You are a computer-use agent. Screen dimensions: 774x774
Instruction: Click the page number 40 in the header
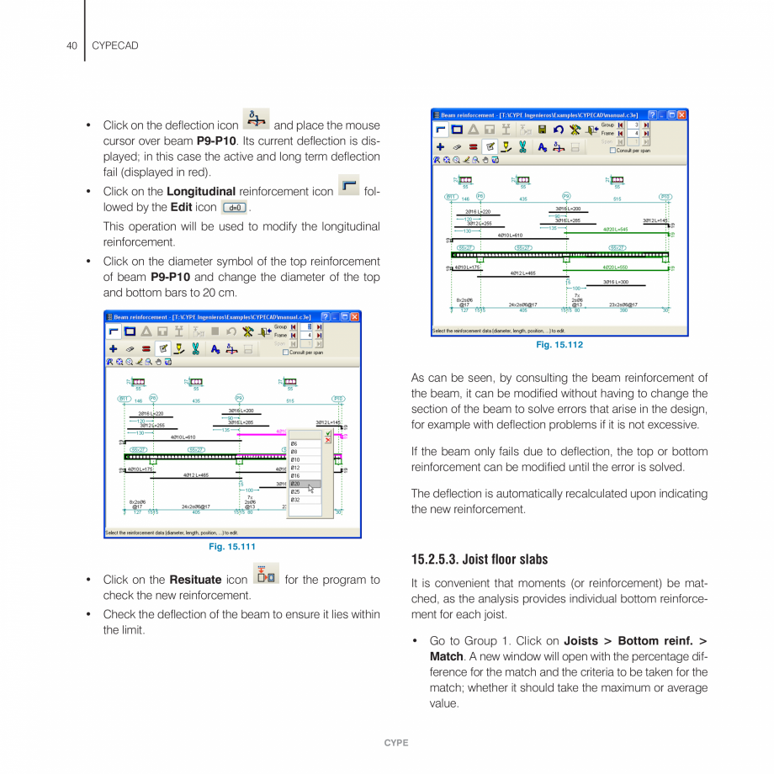(72, 45)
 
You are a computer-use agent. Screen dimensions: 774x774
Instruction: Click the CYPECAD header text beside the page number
(114, 45)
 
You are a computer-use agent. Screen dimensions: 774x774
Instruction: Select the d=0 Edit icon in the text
(235, 207)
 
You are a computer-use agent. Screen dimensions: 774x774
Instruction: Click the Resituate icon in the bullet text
(265, 576)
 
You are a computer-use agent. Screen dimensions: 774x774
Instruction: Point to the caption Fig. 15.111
(231, 548)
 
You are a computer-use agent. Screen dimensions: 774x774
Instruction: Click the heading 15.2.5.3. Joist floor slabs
(479, 559)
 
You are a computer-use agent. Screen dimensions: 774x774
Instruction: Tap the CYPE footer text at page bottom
(396, 743)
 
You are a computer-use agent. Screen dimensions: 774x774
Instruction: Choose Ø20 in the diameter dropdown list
(297, 484)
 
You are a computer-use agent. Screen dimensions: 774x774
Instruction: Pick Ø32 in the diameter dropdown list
(297, 500)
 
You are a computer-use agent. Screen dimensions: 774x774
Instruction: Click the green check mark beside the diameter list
(328, 434)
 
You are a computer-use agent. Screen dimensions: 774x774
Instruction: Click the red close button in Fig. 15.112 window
(681, 114)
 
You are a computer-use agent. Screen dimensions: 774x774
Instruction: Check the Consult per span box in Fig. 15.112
(613, 151)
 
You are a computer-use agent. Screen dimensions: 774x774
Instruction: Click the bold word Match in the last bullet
(446, 656)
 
